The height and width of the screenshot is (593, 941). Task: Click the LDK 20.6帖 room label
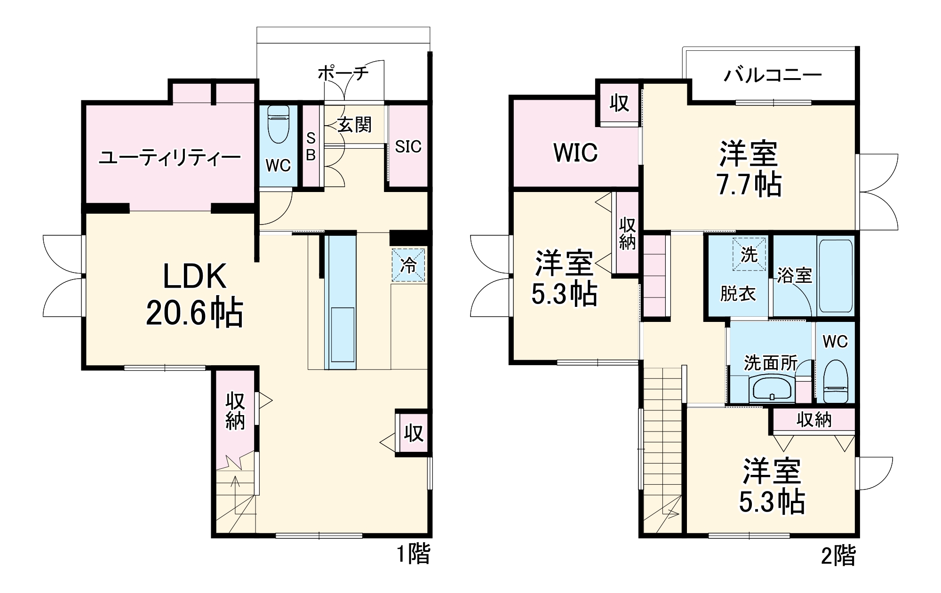click(x=194, y=295)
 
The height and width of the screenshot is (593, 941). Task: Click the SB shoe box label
click(x=311, y=146)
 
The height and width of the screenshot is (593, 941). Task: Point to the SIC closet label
click(x=408, y=147)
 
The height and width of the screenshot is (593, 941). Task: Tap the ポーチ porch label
click(x=343, y=73)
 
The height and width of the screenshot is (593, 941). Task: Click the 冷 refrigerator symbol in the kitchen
click(x=408, y=265)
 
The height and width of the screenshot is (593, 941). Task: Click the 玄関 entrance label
click(x=355, y=125)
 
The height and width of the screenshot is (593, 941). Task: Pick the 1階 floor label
click(x=413, y=554)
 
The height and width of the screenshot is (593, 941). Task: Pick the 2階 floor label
click(x=838, y=556)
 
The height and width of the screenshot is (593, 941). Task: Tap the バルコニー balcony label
click(x=773, y=75)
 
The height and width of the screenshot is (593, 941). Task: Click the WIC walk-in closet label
click(x=575, y=152)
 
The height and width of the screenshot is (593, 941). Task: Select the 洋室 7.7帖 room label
click(x=749, y=168)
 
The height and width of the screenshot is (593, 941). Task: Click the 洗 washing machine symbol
click(x=749, y=255)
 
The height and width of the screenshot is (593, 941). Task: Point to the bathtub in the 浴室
click(x=835, y=276)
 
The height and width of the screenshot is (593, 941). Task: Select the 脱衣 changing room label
click(x=738, y=294)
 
